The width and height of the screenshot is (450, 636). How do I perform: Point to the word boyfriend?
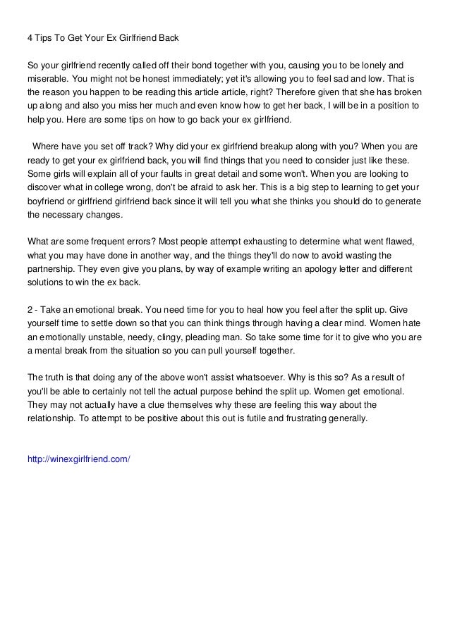point(49,202)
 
